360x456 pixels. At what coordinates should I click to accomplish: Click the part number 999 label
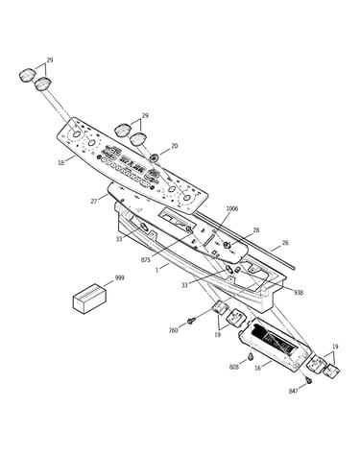(x=119, y=277)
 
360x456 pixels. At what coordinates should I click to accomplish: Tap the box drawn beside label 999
(x=89, y=298)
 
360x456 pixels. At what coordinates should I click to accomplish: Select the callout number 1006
(x=232, y=208)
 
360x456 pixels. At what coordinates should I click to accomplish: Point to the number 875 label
(x=146, y=260)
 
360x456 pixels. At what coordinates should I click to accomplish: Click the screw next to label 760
(x=191, y=320)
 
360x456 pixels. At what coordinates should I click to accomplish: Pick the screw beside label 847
(x=309, y=380)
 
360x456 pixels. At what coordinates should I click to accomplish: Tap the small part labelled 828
(x=251, y=356)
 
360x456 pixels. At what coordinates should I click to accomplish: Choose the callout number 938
(x=299, y=293)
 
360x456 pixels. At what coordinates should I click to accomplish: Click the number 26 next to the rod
(x=285, y=243)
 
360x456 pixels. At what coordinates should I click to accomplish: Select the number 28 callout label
(x=255, y=230)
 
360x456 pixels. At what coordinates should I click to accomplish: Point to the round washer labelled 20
(x=155, y=157)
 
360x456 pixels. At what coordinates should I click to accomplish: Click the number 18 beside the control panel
(x=60, y=162)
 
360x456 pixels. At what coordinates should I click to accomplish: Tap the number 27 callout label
(x=94, y=202)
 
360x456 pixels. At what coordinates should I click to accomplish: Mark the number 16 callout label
(x=257, y=368)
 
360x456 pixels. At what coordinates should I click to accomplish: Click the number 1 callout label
(x=156, y=270)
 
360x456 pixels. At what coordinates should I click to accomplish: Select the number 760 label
(x=173, y=330)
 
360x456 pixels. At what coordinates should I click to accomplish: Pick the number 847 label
(x=294, y=391)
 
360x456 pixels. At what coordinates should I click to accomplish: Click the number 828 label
(x=234, y=367)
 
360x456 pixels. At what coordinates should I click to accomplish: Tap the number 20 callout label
(x=174, y=146)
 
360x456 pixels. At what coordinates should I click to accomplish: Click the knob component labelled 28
(x=227, y=246)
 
